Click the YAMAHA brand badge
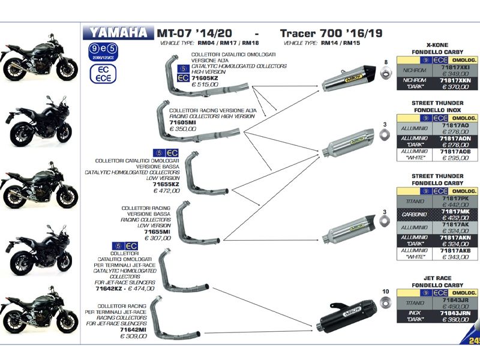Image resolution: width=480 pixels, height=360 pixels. click(x=118, y=32)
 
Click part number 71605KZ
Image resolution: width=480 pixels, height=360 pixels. click(x=205, y=79)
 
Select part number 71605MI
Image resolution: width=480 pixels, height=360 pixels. click(x=184, y=122)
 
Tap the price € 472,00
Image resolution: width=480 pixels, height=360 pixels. click(x=166, y=191)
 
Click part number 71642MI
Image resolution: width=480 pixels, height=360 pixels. click(x=133, y=329)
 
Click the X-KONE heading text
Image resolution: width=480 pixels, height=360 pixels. click(x=437, y=45)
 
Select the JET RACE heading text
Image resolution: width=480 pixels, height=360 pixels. click(x=437, y=278)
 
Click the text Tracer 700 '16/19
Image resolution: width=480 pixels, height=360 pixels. click(x=331, y=33)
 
